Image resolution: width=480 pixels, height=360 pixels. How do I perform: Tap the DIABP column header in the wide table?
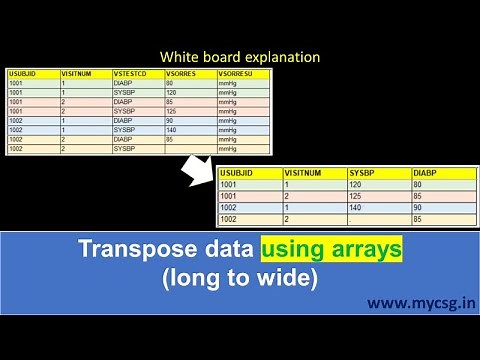(x=428, y=172)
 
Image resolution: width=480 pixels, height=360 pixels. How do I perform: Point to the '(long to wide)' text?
(x=240, y=279)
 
